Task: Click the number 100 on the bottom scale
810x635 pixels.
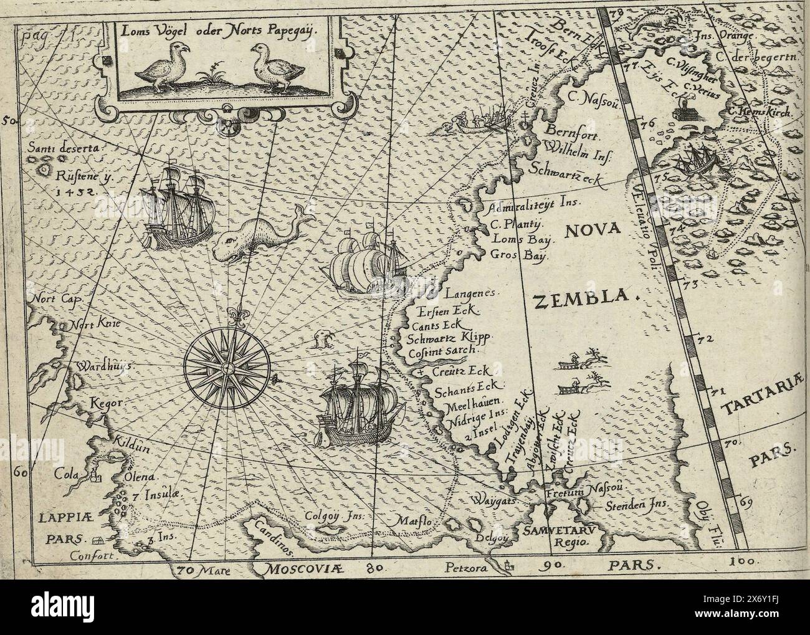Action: point(741,561)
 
